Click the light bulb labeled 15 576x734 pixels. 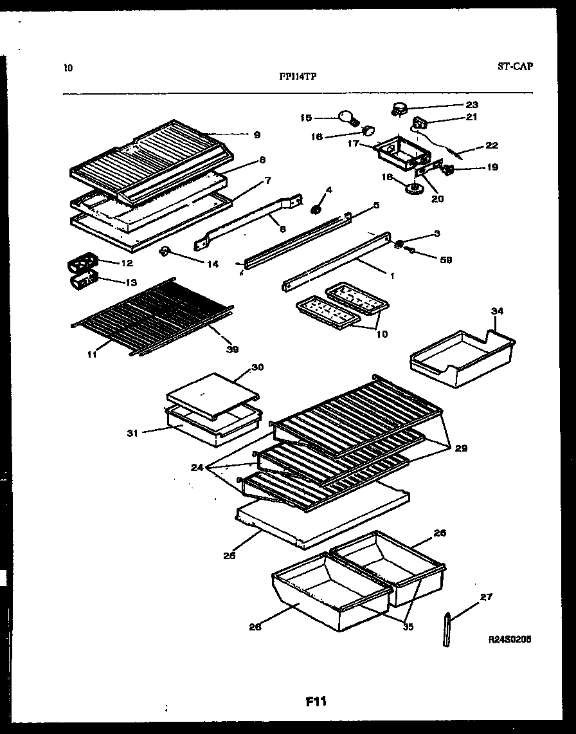(x=348, y=118)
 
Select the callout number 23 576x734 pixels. (x=472, y=104)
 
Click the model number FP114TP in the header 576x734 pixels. (x=297, y=75)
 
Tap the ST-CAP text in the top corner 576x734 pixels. (x=515, y=66)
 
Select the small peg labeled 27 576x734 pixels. (x=447, y=627)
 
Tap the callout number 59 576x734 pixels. (x=446, y=260)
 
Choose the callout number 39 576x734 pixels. (x=232, y=349)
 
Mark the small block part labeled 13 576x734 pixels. (x=80, y=280)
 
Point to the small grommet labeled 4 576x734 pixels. (x=316, y=209)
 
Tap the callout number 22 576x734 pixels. (x=492, y=145)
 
